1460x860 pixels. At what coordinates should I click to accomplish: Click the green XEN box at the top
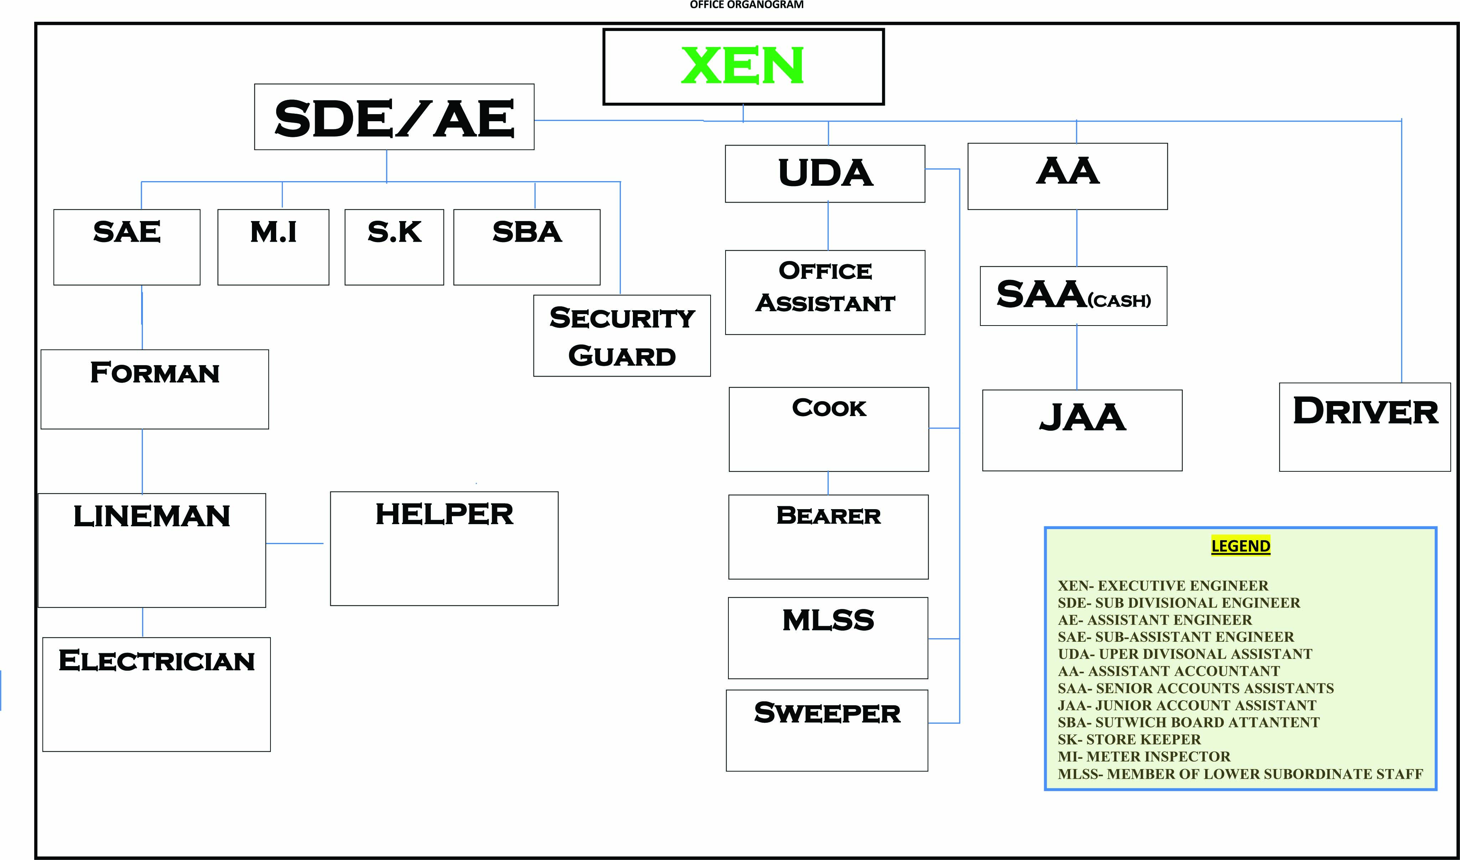(x=743, y=67)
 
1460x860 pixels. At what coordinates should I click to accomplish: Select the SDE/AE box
(x=394, y=117)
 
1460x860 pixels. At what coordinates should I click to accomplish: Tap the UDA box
(x=825, y=174)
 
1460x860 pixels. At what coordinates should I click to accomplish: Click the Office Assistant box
(x=825, y=292)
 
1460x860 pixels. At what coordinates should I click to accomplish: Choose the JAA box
(x=1082, y=430)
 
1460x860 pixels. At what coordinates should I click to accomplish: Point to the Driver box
(x=1365, y=427)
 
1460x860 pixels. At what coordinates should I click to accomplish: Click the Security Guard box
(x=621, y=336)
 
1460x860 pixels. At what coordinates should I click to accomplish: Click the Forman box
(x=155, y=389)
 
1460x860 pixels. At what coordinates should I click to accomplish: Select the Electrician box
(x=156, y=694)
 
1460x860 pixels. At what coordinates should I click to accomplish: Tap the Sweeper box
(x=827, y=730)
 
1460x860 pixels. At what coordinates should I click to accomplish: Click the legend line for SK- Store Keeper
(x=1129, y=739)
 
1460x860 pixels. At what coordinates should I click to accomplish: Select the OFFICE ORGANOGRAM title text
(x=746, y=5)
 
